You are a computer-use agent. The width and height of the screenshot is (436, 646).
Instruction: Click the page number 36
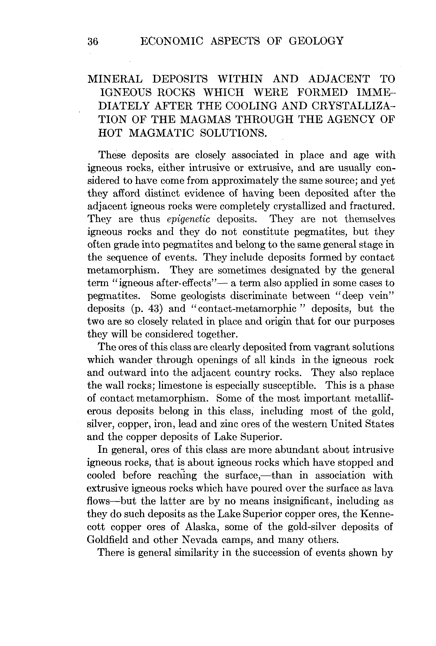pos(93,41)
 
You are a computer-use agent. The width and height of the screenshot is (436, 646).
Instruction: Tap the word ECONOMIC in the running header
pos(172,41)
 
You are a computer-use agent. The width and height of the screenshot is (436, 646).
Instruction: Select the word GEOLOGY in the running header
pos(316,41)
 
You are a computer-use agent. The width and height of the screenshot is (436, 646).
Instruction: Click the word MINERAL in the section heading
pos(115,79)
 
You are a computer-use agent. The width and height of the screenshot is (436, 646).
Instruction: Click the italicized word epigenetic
pos(188,219)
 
